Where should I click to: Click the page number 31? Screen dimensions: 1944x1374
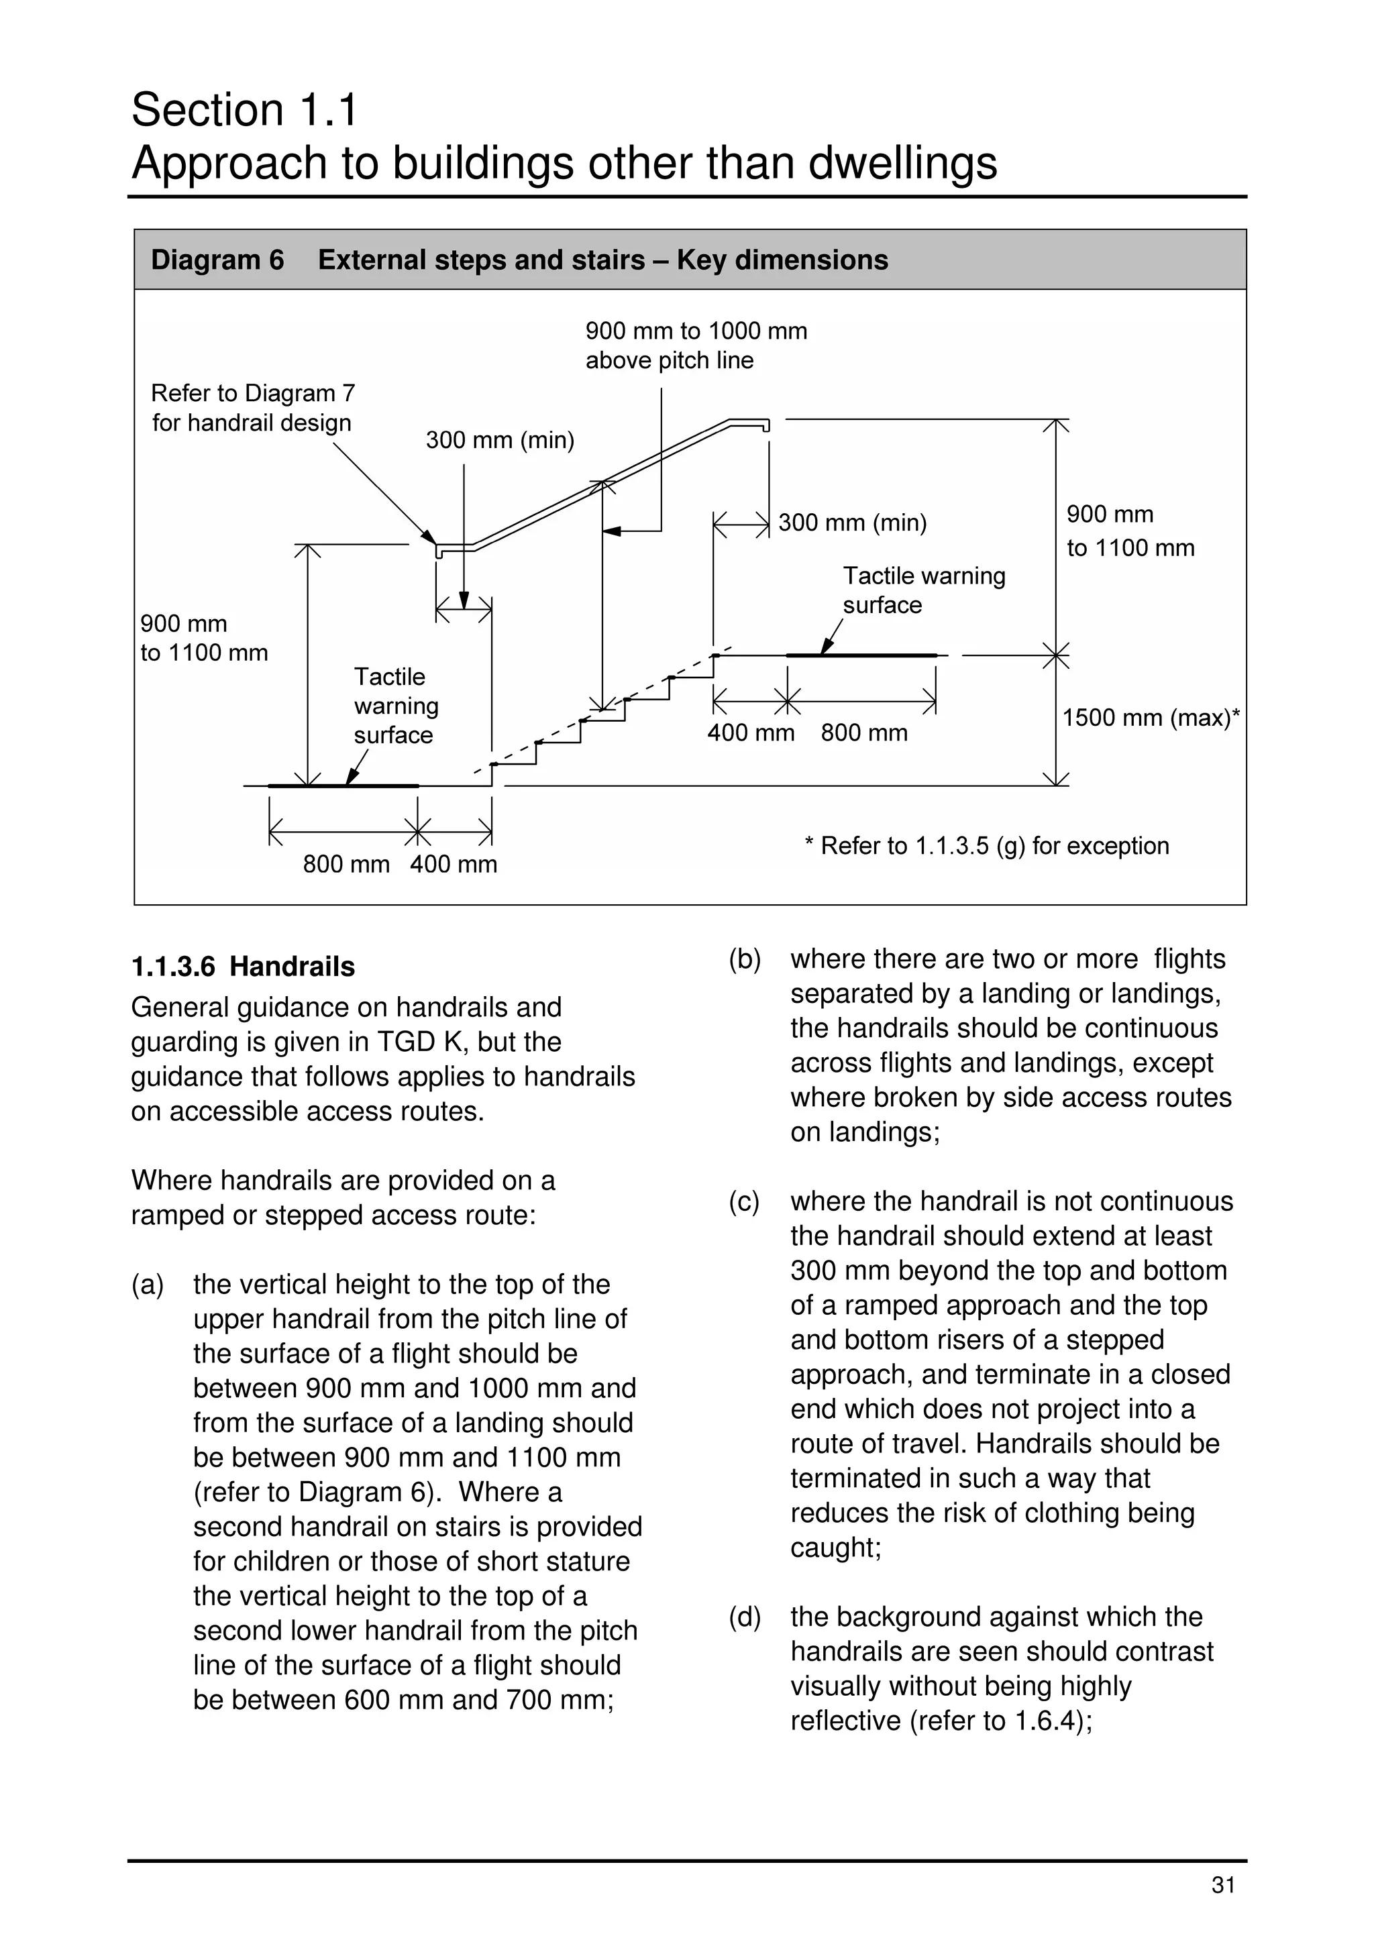(x=1223, y=1886)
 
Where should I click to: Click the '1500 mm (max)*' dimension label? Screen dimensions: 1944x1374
(x=1151, y=718)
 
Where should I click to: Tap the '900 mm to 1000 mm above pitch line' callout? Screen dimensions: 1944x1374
(x=696, y=345)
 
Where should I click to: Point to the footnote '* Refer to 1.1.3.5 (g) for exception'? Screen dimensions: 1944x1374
(x=986, y=846)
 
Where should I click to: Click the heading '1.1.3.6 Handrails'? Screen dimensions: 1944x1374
(x=243, y=966)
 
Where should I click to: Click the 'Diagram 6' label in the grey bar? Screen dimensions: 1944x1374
(x=217, y=260)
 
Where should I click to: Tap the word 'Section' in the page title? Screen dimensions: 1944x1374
(x=208, y=110)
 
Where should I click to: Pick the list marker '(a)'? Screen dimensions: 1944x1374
(x=148, y=1285)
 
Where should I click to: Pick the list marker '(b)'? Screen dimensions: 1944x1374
(x=745, y=959)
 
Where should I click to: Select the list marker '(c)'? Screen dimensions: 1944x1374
(x=745, y=1201)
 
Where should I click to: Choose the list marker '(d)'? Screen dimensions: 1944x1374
(x=745, y=1617)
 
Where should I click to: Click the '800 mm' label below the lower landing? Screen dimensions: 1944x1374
(x=346, y=865)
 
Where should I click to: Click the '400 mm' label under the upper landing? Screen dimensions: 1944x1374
(x=751, y=733)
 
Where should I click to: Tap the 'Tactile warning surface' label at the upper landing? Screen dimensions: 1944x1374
(x=924, y=590)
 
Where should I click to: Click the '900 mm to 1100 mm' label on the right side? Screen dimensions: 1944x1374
(x=1130, y=531)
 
